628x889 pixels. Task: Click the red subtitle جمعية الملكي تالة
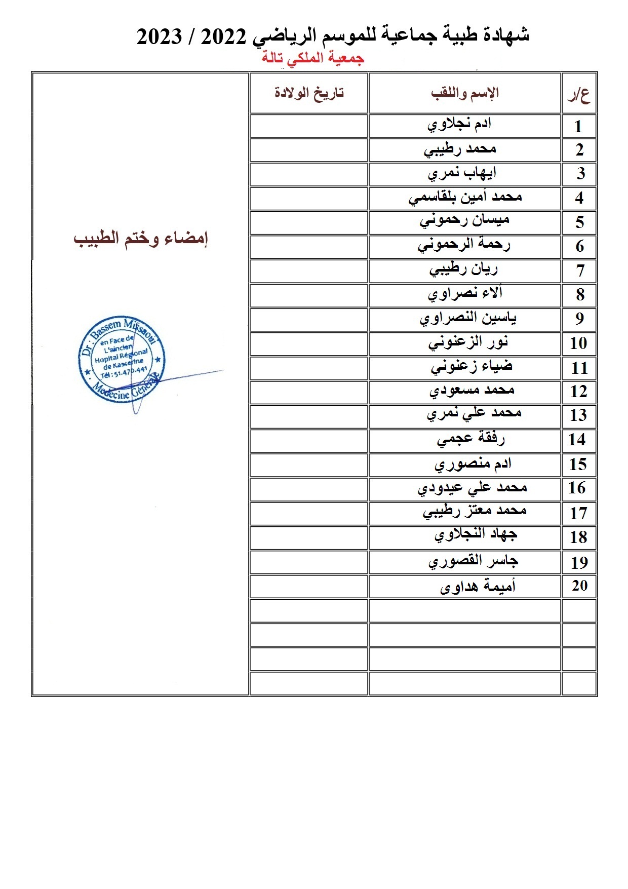312,58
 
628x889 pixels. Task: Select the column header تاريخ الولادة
309,93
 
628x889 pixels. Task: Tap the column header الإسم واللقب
465,93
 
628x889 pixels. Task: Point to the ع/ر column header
578,94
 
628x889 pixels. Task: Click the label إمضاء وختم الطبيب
141,239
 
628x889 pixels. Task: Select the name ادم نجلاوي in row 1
459,125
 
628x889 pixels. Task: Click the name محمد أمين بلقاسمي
465,197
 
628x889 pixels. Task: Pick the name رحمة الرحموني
464,245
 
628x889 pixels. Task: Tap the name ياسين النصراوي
468,318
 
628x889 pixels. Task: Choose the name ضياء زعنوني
472,366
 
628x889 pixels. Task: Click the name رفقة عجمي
470,439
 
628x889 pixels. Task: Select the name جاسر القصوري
473,561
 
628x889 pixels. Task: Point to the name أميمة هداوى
478,586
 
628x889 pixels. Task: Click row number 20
579,586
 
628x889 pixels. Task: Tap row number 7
580,271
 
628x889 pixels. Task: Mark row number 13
578,415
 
